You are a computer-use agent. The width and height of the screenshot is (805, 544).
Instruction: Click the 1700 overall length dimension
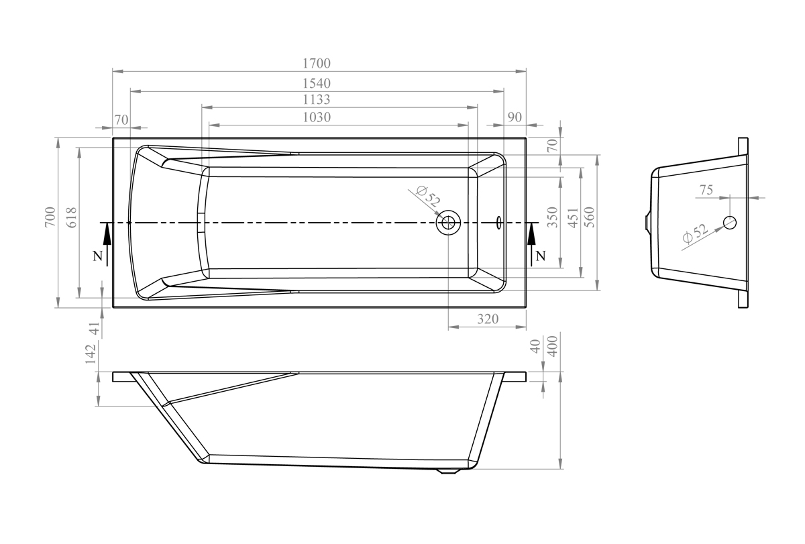coord(317,63)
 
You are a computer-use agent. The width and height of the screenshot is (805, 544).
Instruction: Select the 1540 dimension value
coord(317,83)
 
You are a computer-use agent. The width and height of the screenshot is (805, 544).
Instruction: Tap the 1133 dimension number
coord(317,99)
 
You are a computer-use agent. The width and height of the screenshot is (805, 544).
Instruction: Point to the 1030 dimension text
coord(317,117)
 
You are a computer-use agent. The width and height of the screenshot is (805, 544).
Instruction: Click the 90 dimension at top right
coord(515,117)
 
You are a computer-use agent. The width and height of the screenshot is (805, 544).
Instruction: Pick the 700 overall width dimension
coord(51,217)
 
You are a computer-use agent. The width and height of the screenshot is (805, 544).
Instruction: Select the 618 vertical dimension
coord(72,217)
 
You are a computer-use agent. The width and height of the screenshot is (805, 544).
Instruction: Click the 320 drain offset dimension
coord(488,319)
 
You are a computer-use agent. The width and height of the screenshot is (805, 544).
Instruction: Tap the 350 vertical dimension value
coord(552,217)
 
